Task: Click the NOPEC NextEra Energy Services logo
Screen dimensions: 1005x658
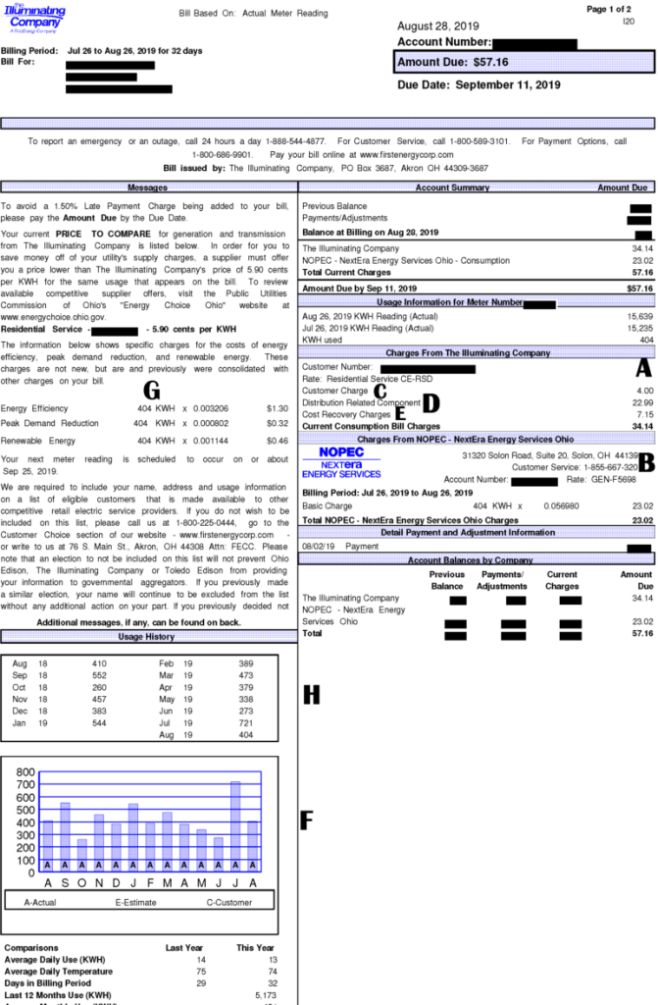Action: (x=342, y=462)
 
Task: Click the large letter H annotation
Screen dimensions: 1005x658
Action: (x=311, y=695)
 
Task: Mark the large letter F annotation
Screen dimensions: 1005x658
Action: (x=307, y=820)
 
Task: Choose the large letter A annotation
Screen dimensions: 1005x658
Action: (x=643, y=368)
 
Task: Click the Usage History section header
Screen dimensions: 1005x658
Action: (x=146, y=637)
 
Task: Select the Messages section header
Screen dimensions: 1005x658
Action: (x=148, y=187)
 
